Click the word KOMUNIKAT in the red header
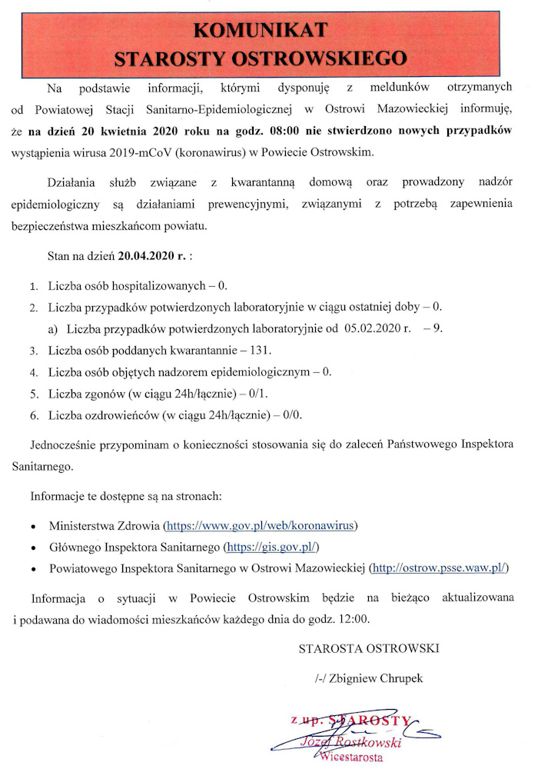tap(261, 30)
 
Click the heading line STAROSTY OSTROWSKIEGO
tap(261, 57)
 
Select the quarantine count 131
tap(261, 350)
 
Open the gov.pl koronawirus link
tap(259, 526)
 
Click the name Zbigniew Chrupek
tap(369, 679)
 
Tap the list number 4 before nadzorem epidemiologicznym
tap(34, 372)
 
